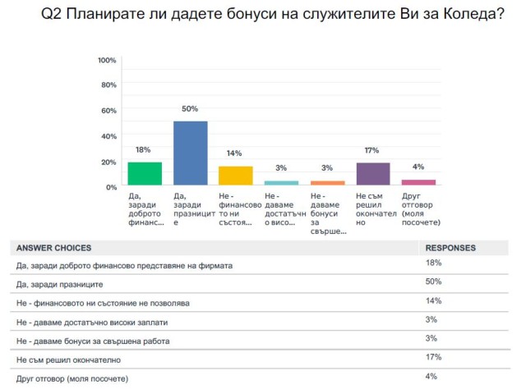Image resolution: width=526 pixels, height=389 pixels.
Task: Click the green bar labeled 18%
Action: tap(144, 174)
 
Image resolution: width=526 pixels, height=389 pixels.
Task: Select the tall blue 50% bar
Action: tap(190, 154)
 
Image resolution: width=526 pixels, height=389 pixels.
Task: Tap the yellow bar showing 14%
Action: tap(235, 176)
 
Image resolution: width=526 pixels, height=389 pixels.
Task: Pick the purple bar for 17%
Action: tap(372, 175)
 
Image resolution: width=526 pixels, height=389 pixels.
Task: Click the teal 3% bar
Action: tap(281, 183)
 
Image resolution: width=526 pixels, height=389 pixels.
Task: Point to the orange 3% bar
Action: tap(327, 183)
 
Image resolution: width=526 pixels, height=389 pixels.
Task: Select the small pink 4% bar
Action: tap(418, 182)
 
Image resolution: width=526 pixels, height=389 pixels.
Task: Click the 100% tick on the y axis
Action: tap(107, 61)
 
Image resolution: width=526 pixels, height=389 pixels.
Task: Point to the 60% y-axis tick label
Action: tap(108, 111)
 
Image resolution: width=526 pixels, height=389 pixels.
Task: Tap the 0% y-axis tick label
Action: tap(111, 187)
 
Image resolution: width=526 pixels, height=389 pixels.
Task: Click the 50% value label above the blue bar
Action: tap(190, 110)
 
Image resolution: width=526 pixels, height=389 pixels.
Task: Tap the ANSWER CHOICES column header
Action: tap(53, 248)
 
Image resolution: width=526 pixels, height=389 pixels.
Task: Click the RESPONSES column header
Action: tap(450, 248)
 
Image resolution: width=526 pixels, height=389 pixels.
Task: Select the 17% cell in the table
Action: tap(434, 357)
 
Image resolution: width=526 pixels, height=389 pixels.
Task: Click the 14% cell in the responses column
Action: tap(434, 300)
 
